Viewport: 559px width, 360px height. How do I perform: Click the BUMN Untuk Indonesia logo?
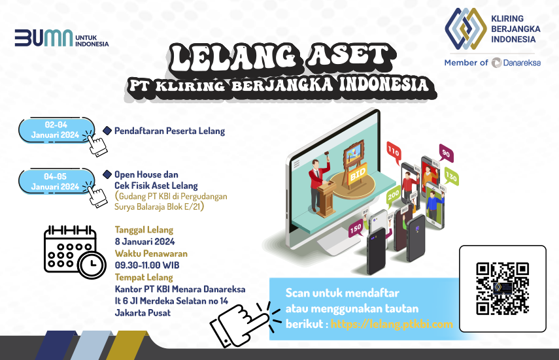point(61,38)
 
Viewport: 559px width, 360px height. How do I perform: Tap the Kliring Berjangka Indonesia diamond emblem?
point(466,29)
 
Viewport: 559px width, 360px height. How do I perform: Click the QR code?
point(502,289)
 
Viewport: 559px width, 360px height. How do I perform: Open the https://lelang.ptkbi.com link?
point(392,324)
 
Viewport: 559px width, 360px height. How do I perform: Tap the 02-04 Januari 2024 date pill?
point(56,130)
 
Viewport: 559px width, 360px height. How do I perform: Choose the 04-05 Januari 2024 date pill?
point(56,182)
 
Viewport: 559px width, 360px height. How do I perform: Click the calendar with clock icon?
point(75,252)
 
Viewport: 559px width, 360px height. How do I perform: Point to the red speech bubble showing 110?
point(394,152)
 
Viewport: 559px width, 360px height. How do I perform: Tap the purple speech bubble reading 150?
point(356,229)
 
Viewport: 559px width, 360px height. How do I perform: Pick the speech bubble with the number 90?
point(446,154)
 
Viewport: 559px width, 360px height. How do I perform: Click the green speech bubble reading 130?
point(451,177)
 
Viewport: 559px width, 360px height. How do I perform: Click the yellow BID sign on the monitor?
point(357,174)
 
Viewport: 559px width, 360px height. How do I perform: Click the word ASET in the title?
point(348,56)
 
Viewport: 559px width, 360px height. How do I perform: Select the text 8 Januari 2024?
point(144,242)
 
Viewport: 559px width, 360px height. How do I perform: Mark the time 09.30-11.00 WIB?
point(147,265)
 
